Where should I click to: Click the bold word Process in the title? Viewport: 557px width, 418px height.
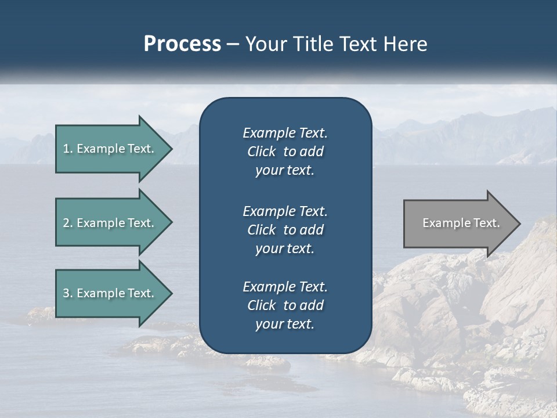[x=182, y=44]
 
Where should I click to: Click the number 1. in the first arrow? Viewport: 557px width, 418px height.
[x=68, y=149]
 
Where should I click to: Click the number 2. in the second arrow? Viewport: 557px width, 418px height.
[x=68, y=223]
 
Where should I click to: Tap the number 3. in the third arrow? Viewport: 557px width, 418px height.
[x=68, y=293]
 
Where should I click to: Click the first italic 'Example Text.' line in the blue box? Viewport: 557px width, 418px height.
[x=285, y=133]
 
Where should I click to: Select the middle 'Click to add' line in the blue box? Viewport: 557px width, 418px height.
[x=285, y=230]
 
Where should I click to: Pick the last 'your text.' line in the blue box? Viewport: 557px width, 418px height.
[x=285, y=324]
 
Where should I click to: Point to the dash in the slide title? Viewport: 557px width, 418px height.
[x=233, y=45]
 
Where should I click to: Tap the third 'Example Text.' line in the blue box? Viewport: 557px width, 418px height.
[x=285, y=287]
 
